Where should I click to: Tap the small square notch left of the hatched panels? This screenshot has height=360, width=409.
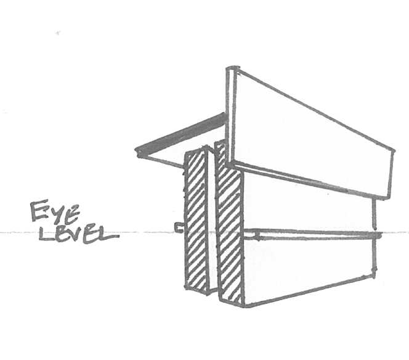[x=177, y=228]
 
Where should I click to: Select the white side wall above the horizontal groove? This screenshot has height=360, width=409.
[x=308, y=203]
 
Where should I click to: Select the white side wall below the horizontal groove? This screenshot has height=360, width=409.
[x=308, y=265]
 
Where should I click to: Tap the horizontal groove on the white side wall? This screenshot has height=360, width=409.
[x=314, y=234]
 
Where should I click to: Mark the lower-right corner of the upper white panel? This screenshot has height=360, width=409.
[x=389, y=198]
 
